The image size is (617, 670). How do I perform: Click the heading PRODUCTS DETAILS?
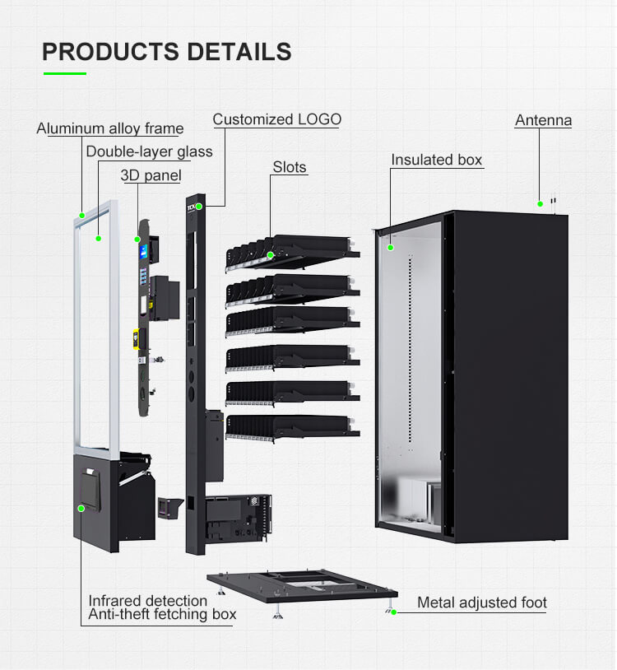(166, 51)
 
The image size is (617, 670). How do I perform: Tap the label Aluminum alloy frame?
(109, 128)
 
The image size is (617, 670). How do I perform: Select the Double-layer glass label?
(149, 151)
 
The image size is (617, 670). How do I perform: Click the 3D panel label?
(151, 175)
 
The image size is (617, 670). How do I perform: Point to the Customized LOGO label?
(276, 119)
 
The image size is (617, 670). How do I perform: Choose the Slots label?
(290, 167)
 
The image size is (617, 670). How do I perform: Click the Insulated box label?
(436, 160)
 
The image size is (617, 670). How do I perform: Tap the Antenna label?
(543, 120)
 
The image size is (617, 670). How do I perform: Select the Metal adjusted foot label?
(481, 603)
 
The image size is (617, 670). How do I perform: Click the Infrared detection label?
(148, 601)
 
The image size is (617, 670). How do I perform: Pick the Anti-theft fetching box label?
(162, 614)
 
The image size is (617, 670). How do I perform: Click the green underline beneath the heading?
(64, 74)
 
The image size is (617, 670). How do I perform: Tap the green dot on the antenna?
(540, 203)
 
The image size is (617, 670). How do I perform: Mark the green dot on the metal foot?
(394, 612)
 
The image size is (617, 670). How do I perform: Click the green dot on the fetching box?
(81, 509)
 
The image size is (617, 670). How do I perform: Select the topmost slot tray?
(292, 251)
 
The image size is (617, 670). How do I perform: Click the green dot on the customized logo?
(199, 207)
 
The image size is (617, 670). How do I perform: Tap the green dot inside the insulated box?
(391, 246)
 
